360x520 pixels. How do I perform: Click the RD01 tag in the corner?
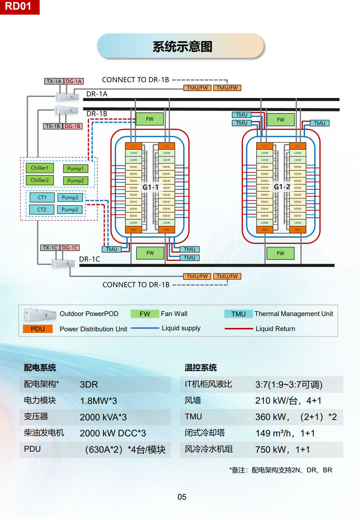pos(19,7)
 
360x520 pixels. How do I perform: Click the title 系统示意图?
pos(182,47)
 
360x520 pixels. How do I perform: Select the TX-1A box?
pos(54,81)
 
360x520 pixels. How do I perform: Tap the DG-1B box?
pos(72,126)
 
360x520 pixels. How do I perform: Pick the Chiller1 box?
pos(40,168)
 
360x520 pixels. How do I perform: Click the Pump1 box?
pos(75,169)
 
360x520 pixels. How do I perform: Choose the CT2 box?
pos(42,210)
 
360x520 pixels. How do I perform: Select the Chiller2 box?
pos(40,180)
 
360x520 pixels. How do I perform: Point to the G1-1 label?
pos(150,187)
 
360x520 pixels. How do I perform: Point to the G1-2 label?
pos(282,187)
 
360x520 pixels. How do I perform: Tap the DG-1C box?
pos(70,248)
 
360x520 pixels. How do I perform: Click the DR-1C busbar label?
pos(89,259)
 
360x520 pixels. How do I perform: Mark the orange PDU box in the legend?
pos(38,329)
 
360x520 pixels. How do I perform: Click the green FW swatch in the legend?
pos(145,314)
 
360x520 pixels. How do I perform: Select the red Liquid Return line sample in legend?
pos(239,329)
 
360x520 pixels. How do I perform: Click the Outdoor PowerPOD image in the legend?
pos(40,314)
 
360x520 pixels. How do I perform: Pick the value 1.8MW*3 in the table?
pos(98,401)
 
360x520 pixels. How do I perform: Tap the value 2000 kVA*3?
pos(103,417)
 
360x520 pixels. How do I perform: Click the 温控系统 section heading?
pos(201,368)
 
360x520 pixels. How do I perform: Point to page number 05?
pos(182,497)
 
